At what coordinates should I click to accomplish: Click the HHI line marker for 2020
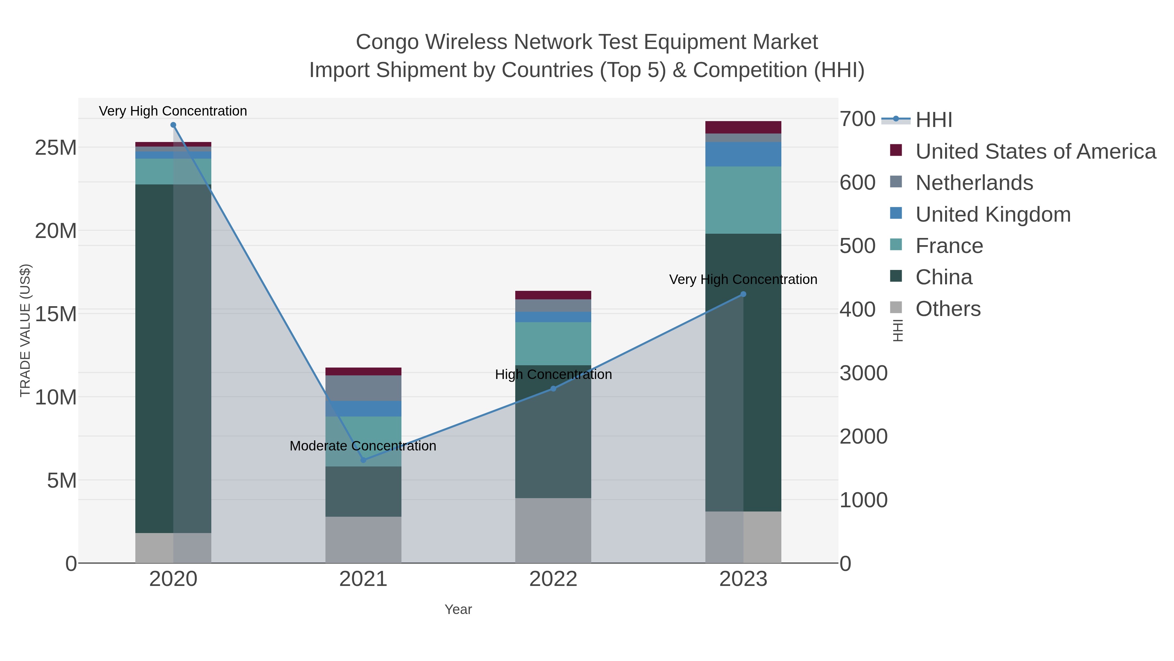pos(173,125)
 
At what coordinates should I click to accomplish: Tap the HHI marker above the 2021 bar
pos(363,460)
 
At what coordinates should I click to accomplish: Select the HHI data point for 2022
pos(553,389)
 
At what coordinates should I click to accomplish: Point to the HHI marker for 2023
pos(743,294)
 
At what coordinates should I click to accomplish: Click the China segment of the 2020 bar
pos(173,358)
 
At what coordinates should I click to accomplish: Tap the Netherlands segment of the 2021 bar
pos(363,388)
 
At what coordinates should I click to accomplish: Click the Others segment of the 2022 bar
pos(553,530)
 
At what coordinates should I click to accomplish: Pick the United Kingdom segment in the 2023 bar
pos(743,154)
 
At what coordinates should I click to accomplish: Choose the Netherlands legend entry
pos(974,183)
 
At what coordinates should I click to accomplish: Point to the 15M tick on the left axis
pos(55,314)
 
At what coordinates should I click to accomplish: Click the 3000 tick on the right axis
pos(863,373)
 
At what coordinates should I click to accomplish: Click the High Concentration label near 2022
pos(553,374)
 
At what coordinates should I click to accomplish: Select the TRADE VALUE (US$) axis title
pos(25,330)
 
